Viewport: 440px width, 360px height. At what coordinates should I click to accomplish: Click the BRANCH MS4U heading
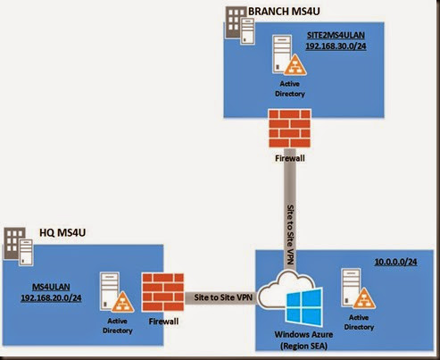pos(284,12)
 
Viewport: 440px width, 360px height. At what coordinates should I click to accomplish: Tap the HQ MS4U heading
pos(62,232)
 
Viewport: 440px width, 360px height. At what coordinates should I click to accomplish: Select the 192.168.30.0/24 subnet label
pos(336,46)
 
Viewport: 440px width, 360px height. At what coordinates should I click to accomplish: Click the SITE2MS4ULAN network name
pos(336,35)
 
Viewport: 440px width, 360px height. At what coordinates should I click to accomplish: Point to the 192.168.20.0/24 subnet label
pos(51,298)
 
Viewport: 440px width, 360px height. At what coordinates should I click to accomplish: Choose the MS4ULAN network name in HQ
pos(51,287)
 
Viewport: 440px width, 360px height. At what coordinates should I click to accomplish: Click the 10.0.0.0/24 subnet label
pos(395,262)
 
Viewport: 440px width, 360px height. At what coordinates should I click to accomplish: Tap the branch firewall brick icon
pos(290,129)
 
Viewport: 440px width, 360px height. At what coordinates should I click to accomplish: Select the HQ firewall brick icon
pos(163,292)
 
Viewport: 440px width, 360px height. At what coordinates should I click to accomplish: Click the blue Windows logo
pos(304,306)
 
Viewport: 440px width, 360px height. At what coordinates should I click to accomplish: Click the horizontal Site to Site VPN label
pos(223,297)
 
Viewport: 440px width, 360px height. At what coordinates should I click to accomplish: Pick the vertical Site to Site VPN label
pos(290,234)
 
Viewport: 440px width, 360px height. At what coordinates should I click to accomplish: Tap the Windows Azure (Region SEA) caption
pos(303,340)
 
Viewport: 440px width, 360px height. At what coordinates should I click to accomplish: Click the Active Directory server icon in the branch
pos(289,55)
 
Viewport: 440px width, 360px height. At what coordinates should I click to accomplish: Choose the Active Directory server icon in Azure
pos(358,289)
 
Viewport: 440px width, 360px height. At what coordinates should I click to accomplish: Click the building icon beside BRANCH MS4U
pos(240,26)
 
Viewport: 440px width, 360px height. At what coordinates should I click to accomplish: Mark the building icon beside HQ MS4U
pos(18,247)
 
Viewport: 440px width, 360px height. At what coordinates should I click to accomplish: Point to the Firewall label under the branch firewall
pos(290,158)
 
